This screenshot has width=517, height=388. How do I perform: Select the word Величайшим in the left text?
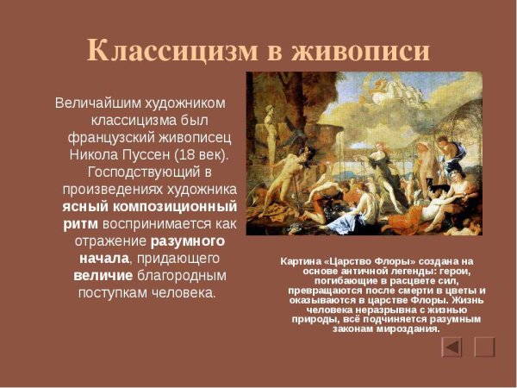pyautogui.click(x=95, y=103)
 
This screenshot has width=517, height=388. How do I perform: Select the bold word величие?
pyautogui.click(x=103, y=276)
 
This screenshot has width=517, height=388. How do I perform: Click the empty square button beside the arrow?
pyautogui.click(x=485, y=347)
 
